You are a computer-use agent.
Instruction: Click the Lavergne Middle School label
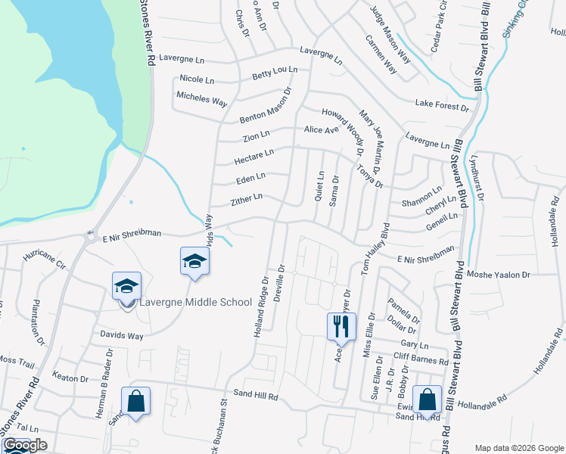click(194, 303)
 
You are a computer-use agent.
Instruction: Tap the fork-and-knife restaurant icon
click(341, 325)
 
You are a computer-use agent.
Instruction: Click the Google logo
click(25, 445)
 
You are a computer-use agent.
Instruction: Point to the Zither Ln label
click(247, 199)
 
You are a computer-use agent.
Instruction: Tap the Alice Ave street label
click(322, 130)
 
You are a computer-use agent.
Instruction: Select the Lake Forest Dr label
click(442, 105)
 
